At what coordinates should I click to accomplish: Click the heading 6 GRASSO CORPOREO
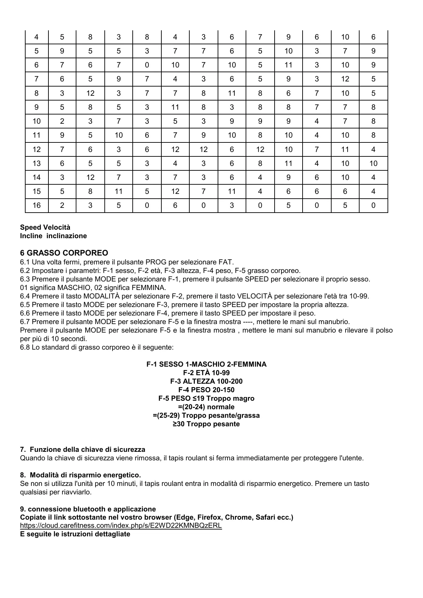[x=64, y=253]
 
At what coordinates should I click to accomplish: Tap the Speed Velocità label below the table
[x=45, y=227]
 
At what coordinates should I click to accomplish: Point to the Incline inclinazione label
[x=53, y=236]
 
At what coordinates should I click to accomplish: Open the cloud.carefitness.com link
[x=121, y=525]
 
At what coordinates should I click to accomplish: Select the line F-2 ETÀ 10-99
[x=206, y=373]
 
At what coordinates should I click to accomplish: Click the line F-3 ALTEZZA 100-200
[x=206, y=381]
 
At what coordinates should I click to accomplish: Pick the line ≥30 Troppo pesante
[x=206, y=424]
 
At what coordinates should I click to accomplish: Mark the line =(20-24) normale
[x=206, y=407]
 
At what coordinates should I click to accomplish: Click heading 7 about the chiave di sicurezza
[x=83, y=449]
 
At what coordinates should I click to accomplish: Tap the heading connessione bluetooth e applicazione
[x=88, y=509]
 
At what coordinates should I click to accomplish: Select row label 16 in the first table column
[x=37, y=205]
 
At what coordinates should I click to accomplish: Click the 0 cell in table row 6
[x=147, y=65]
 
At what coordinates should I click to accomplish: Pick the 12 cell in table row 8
[x=90, y=93]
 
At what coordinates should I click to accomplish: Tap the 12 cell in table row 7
[x=345, y=79]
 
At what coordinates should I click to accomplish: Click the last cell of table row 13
[x=373, y=164]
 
